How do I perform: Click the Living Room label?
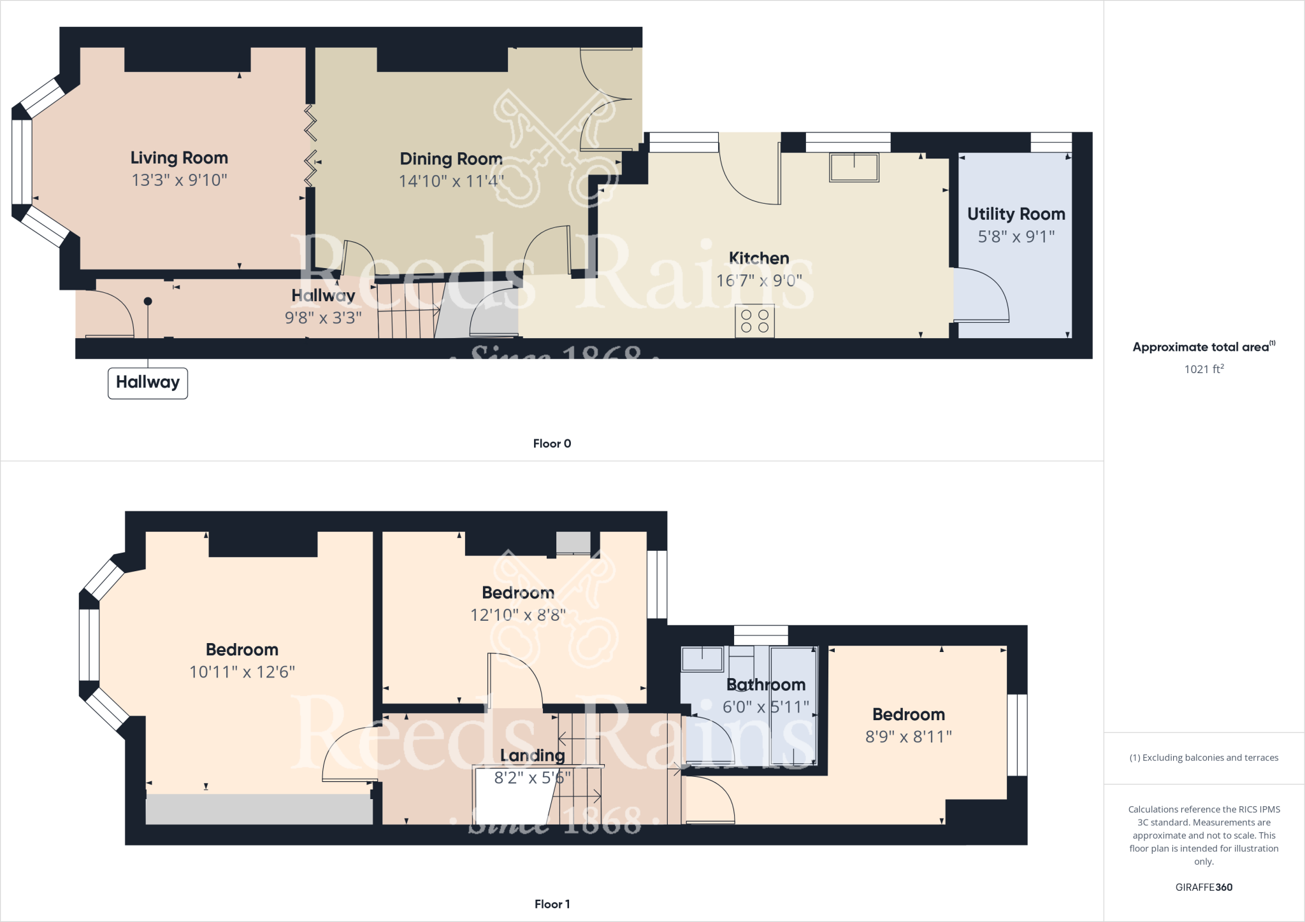tap(179, 158)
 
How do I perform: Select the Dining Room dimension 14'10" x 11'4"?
tap(451, 181)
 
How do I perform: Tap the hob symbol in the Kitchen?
tap(754, 321)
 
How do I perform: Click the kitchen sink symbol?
tap(854, 167)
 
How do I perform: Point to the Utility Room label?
tap(1016, 214)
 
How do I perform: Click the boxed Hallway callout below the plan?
tap(148, 383)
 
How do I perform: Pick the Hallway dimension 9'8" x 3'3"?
tap(323, 318)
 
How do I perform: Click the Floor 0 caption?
tap(552, 444)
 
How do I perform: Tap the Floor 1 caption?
tap(552, 904)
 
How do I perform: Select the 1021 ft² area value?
tap(1204, 369)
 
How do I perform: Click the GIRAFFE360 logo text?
tap(1204, 887)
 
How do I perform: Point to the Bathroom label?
tap(766, 685)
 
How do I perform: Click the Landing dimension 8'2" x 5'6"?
tap(532, 778)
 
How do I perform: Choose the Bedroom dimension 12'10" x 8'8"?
tap(517, 615)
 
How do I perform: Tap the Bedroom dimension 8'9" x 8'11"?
tap(908, 737)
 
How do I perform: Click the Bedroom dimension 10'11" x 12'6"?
tap(242, 672)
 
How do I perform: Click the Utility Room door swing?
tap(981, 295)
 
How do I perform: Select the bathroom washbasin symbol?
tap(702, 659)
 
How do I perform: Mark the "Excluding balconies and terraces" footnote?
tap(1204, 758)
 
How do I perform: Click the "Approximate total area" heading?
tap(1201, 347)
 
